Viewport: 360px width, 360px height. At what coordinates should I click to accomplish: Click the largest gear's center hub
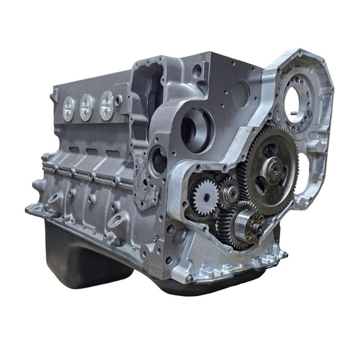tap(274, 167)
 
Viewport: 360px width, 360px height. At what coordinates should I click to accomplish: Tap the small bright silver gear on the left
tap(204, 195)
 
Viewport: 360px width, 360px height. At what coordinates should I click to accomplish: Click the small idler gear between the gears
tap(229, 193)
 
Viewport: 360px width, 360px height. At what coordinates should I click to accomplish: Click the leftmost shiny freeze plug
tap(69, 109)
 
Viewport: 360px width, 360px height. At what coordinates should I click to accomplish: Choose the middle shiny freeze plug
tap(87, 107)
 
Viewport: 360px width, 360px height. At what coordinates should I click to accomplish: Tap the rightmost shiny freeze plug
tap(106, 105)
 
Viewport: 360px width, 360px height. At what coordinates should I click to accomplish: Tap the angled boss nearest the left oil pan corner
tap(55, 198)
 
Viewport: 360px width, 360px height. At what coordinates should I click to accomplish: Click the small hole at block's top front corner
tap(197, 71)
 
